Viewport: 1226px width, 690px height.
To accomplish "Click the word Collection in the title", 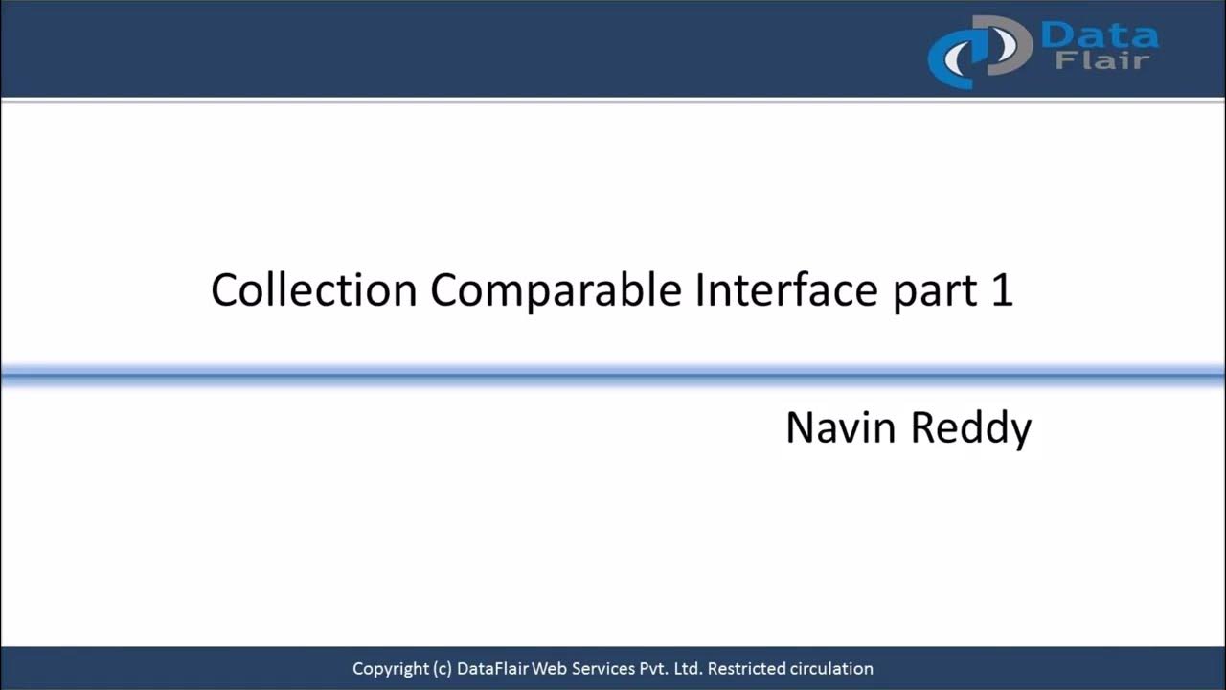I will pos(313,289).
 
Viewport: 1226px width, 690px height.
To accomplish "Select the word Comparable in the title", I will pos(556,289).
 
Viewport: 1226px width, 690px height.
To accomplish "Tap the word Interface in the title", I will pos(785,289).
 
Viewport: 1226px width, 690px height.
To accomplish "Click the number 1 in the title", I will pos(1001,289).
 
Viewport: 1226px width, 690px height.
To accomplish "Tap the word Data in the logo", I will pos(1099,36).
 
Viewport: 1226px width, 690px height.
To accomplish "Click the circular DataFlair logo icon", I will pos(977,50).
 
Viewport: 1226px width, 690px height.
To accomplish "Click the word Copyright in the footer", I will pos(389,669).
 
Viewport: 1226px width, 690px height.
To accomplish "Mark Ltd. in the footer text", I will pos(688,669).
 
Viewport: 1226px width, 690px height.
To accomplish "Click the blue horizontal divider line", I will pos(613,376).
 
